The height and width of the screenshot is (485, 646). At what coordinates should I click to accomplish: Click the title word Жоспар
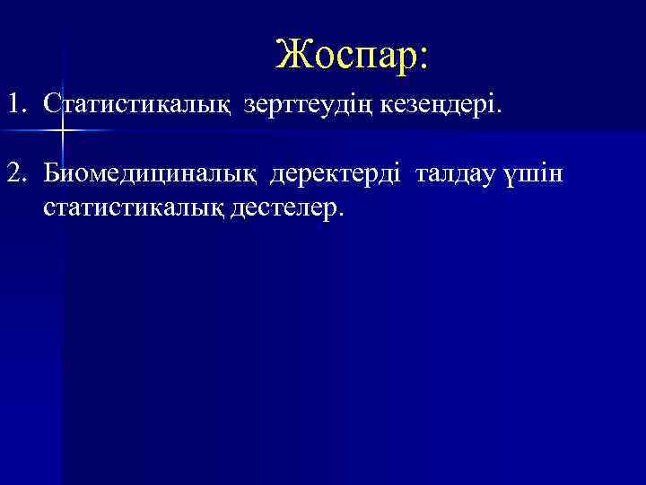coord(345,55)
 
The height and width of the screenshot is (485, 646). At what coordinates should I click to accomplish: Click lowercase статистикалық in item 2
coord(130,208)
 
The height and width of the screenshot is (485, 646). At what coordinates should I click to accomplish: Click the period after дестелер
coord(342,216)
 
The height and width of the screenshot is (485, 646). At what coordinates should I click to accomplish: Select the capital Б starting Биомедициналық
coord(51,172)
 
